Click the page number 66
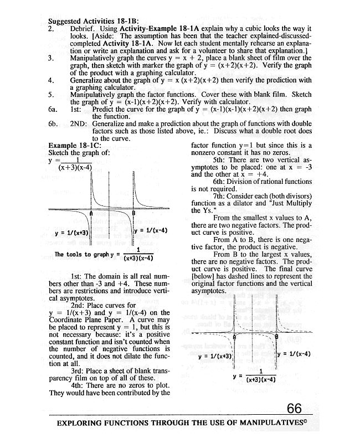(x=294, y=409)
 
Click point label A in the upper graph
(x=91, y=213)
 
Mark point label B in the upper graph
(x=133, y=213)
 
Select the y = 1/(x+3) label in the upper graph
(x=71, y=232)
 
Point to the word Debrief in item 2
(x=85, y=28)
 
